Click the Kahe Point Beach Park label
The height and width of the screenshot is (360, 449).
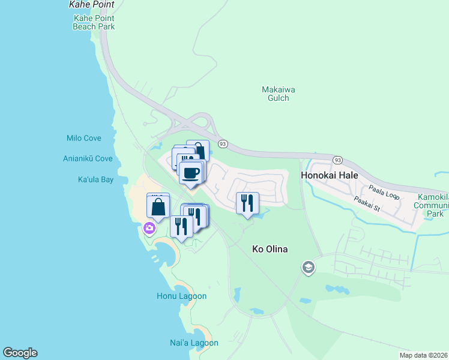pyautogui.click(x=94, y=22)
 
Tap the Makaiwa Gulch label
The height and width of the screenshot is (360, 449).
pyautogui.click(x=279, y=94)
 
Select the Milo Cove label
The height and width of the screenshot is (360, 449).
pyautogui.click(x=84, y=138)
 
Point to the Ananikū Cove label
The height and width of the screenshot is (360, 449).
pyautogui.click(x=88, y=159)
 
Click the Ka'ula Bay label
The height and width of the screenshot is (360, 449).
pyautogui.click(x=95, y=179)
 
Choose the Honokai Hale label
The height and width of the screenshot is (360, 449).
pyautogui.click(x=329, y=175)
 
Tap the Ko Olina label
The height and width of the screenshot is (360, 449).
pyautogui.click(x=271, y=248)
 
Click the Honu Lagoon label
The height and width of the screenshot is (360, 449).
pyautogui.click(x=181, y=296)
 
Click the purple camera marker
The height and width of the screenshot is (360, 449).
pyautogui.click(x=149, y=228)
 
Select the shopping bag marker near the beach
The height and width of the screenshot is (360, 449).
pyautogui.click(x=158, y=208)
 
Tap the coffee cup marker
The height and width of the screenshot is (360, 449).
pyautogui.click(x=191, y=173)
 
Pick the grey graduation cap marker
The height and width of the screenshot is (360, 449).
pyautogui.click(x=309, y=267)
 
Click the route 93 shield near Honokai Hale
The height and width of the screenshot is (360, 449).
pyautogui.click(x=338, y=160)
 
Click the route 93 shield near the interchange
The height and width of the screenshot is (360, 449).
pyautogui.click(x=223, y=144)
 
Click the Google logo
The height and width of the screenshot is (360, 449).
pyautogui.click(x=20, y=353)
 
